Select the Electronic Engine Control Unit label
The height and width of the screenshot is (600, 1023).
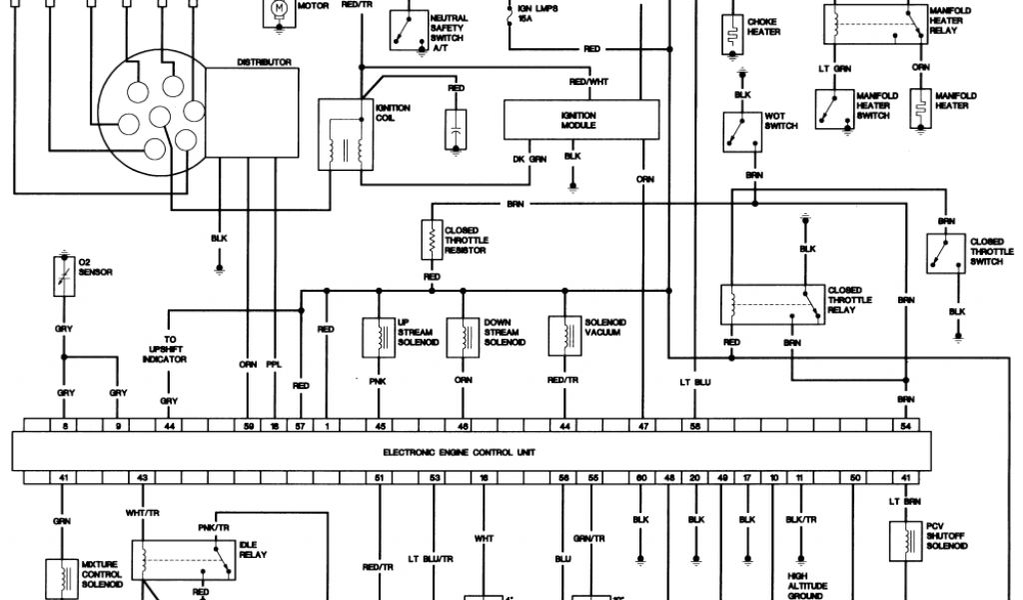point(460,452)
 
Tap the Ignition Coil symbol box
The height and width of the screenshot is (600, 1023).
point(341,134)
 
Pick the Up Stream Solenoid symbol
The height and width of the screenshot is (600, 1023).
point(379,337)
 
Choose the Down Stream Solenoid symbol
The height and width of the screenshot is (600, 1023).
point(463,337)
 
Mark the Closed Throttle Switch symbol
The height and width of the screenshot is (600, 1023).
point(945,254)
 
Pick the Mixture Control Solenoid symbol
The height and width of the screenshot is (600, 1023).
point(62,578)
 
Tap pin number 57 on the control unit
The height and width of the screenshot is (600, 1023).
point(301,426)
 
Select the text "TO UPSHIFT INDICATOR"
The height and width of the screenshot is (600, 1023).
point(169,349)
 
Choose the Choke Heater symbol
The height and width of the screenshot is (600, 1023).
point(737,29)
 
